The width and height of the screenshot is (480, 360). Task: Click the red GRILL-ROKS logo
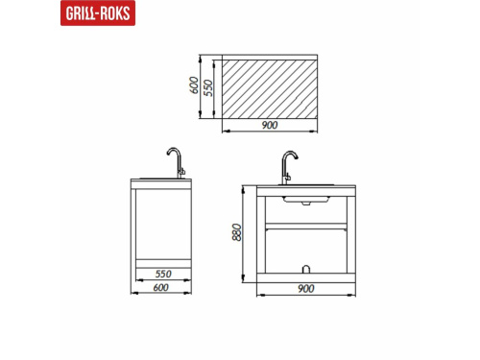[x=98, y=12]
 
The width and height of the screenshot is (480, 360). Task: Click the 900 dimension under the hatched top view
[x=270, y=125]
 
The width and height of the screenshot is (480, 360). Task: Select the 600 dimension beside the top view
[x=194, y=85]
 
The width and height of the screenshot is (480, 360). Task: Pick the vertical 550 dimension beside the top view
[x=208, y=87]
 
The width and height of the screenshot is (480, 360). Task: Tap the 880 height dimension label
[x=237, y=232]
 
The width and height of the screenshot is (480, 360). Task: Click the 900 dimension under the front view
[x=306, y=289]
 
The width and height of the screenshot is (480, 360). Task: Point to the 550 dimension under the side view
[x=163, y=274]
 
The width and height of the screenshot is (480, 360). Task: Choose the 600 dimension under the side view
[x=160, y=288]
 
